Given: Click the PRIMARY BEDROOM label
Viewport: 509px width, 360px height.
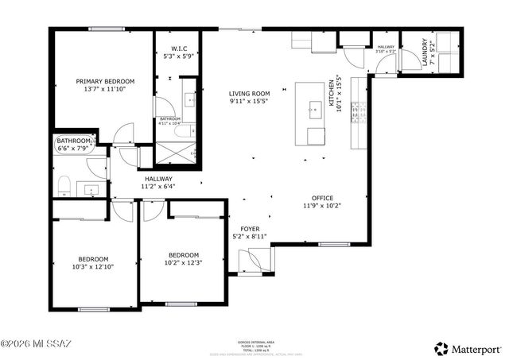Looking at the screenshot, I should (x=105, y=81).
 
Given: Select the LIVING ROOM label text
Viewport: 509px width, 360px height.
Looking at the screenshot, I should (x=250, y=93).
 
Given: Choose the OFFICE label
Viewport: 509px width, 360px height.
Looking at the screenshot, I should (x=322, y=198).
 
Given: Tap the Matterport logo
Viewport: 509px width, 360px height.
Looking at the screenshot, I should (x=468, y=348).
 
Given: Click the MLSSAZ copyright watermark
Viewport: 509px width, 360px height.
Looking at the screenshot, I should (x=36, y=345).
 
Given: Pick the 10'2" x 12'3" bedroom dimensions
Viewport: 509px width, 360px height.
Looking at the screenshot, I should (x=182, y=263).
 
